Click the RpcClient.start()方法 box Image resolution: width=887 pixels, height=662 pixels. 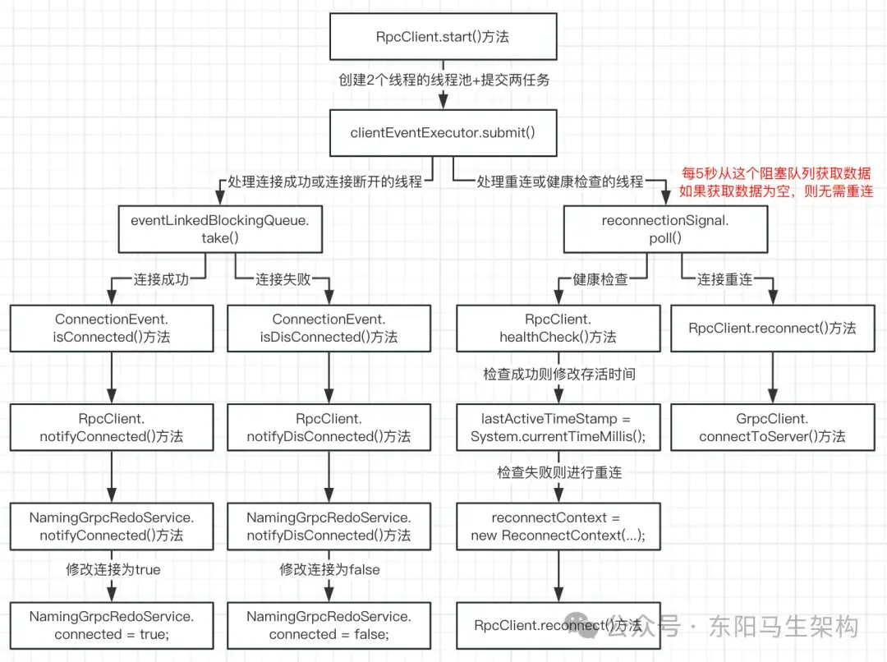click(443, 38)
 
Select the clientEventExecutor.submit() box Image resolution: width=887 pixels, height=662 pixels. click(443, 131)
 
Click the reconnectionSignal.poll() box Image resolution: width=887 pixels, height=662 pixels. click(665, 229)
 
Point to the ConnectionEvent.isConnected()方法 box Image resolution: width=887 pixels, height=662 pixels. click(112, 328)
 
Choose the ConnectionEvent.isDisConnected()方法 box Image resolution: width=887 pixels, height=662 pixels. click(329, 328)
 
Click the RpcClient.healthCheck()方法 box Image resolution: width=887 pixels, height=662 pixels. click(558, 328)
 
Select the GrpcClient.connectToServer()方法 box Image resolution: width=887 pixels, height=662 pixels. click(772, 427)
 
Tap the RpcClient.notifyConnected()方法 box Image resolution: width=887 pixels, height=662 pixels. click(112, 427)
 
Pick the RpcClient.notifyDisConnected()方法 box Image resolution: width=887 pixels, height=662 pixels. click(329, 427)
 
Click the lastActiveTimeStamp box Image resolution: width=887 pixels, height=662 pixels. click(558, 427)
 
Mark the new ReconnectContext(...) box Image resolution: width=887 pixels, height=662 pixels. click(558, 526)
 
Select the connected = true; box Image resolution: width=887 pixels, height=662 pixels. click(112, 625)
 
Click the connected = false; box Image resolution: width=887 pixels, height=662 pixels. click(329, 625)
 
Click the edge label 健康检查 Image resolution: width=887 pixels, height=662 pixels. click(600, 279)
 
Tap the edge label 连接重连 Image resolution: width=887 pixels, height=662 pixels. click(724, 279)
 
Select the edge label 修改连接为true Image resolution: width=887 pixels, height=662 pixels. click(113, 569)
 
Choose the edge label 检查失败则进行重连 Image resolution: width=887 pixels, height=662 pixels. click(558, 473)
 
